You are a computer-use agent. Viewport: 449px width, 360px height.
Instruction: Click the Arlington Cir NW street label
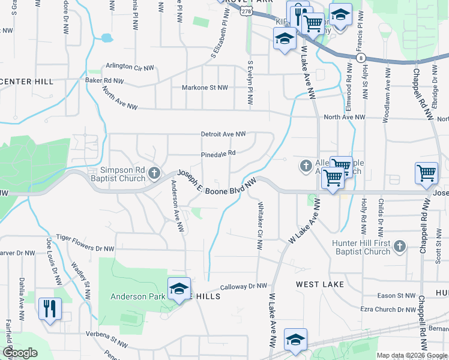(x=131, y=66)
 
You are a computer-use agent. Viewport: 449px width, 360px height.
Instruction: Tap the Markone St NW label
(x=205, y=88)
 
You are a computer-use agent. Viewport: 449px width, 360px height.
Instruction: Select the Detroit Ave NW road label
(x=223, y=134)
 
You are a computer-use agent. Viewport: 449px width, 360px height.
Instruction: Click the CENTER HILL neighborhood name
(x=26, y=82)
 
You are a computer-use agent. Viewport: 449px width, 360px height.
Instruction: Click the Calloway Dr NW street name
(x=244, y=287)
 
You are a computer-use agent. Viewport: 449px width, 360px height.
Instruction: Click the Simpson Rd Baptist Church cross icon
(x=154, y=174)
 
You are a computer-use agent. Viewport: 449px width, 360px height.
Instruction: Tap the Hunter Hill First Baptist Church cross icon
(x=400, y=246)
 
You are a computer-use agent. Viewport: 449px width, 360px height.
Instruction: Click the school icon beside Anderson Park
(x=179, y=289)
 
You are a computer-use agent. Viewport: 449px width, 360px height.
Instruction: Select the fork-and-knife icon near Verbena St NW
(x=49, y=308)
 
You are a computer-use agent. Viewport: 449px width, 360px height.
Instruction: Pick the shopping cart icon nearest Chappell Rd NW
(x=426, y=173)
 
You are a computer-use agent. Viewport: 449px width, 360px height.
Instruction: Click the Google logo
(x=20, y=353)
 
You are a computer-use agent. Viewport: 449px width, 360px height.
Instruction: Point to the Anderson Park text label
(x=136, y=296)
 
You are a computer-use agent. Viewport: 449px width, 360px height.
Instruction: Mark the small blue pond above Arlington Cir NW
(x=107, y=38)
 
